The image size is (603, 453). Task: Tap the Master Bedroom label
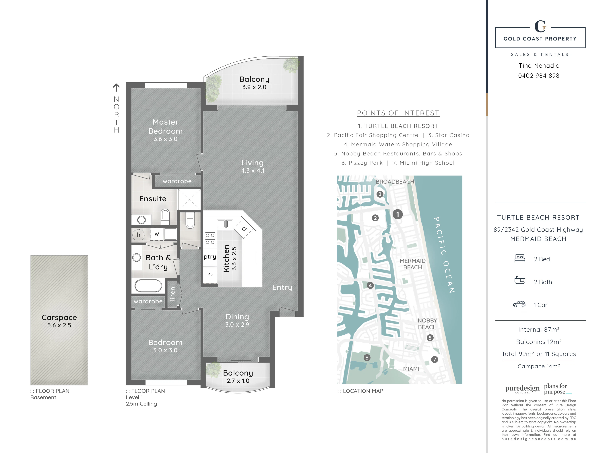pyautogui.click(x=165, y=126)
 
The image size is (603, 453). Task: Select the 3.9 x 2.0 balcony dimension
pyautogui.click(x=254, y=87)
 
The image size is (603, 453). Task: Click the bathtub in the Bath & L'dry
pyautogui.click(x=148, y=286)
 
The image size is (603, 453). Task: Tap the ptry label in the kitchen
pyautogui.click(x=210, y=257)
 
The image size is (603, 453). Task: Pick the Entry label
pyautogui.click(x=282, y=288)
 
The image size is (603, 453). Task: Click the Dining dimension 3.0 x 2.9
pyautogui.click(x=237, y=324)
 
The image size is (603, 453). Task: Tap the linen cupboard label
pyautogui.click(x=172, y=294)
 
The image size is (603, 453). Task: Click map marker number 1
pyautogui.click(x=398, y=214)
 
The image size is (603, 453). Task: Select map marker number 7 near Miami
pyautogui.click(x=435, y=359)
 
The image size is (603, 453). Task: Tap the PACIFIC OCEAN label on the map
pyautogui.click(x=444, y=255)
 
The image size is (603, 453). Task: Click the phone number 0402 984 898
pyautogui.click(x=539, y=76)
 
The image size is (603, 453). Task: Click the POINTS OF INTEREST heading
pyautogui.click(x=398, y=113)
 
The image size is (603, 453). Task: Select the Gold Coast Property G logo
pyautogui.click(x=540, y=26)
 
